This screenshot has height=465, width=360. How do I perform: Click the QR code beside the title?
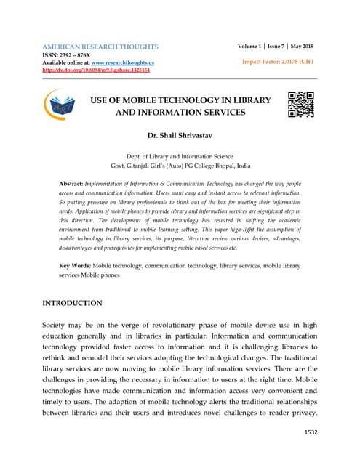coord(300,105)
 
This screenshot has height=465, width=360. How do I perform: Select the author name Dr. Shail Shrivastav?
coord(179,137)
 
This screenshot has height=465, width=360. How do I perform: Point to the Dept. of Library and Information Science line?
coord(179,155)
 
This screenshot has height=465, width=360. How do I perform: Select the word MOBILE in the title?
coord(148,99)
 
